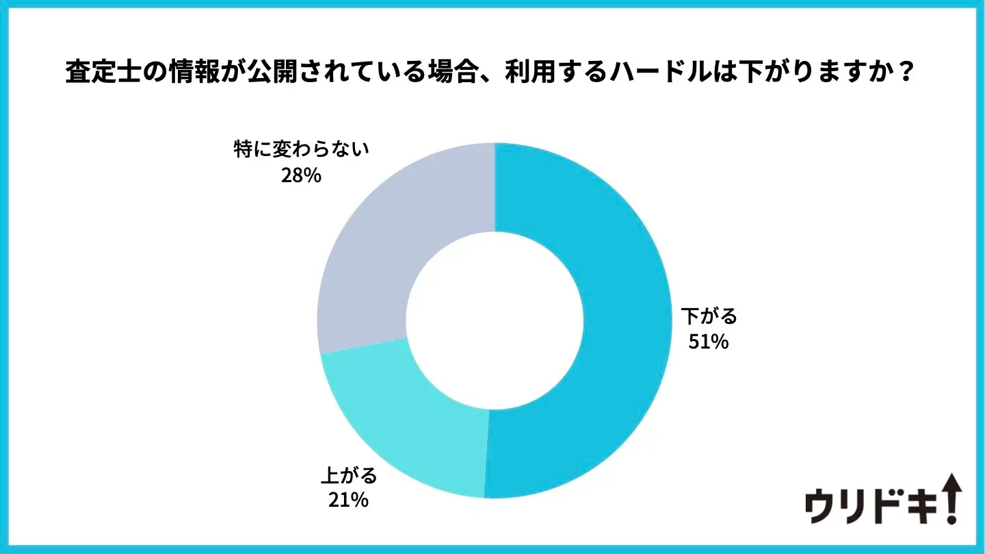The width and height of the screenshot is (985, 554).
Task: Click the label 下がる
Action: [709, 316]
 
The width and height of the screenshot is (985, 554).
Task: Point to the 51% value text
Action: [709, 341]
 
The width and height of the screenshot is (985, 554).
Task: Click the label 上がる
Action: [349, 475]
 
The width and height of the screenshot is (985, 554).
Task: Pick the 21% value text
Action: [349, 500]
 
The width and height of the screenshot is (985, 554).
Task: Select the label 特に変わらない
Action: [302, 151]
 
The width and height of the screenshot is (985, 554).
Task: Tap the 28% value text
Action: [301, 175]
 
